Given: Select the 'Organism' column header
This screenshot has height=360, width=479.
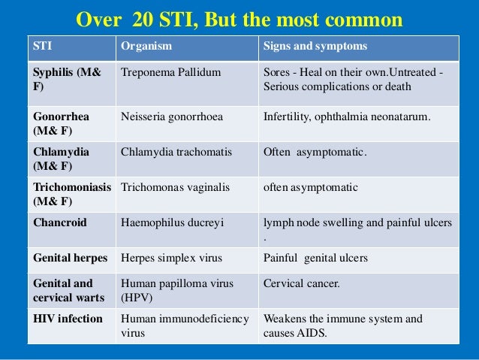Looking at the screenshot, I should point(146,47).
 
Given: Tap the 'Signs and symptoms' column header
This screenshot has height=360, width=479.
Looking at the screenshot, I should point(315,47).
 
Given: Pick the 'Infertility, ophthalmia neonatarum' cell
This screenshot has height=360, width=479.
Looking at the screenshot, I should point(346,116).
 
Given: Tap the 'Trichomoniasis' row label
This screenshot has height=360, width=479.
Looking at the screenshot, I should point(72,186).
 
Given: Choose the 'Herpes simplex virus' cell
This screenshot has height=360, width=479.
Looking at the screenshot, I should point(170,258).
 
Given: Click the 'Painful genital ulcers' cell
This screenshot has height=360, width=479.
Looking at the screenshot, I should point(315,258).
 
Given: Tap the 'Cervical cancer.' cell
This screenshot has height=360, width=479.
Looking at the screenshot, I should point(301,283).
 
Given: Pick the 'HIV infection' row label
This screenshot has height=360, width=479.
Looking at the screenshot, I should point(68,319).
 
